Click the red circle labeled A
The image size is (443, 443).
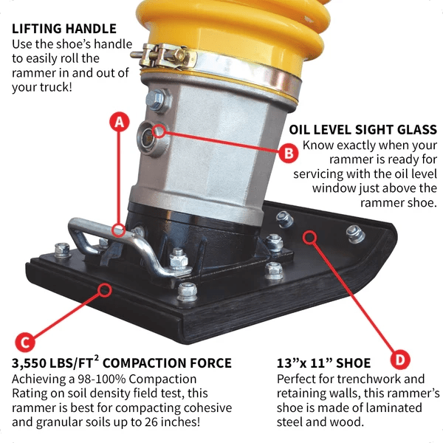(117, 123)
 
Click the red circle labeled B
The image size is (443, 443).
(289, 154)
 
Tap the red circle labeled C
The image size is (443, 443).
(25, 342)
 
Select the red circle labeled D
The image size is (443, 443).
(399, 360)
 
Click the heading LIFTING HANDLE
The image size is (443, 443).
(64, 30)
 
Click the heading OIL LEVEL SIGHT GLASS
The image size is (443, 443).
(363, 130)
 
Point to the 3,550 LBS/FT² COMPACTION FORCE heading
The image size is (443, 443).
(122, 363)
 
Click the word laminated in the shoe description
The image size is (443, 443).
(402, 408)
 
